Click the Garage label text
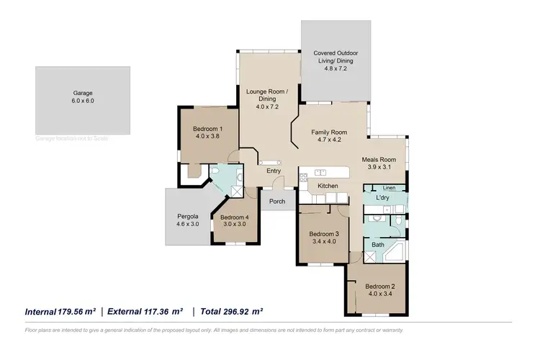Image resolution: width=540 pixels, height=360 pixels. pyautogui.click(x=83, y=93)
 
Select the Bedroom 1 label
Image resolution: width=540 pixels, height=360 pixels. pyautogui.click(x=207, y=129)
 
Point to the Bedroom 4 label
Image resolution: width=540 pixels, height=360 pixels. pyautogui.click(x=234, y=217)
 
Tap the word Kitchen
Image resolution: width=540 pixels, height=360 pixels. pyautogui.click(x=328, y=186)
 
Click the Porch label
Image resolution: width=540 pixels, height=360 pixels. pyautogui.click(x=277, y=202)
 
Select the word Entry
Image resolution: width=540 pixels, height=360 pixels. pyautogui.click(x=274, y=171)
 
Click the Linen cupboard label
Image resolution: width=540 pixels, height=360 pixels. pyautogui.click(x=389, y=187)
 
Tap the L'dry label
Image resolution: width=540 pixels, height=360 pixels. pyautogui.click(x=383, y=197)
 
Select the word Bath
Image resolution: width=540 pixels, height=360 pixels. pyautogui.click(x=378, y=245)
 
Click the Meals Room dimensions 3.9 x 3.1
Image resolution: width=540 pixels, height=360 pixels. pyautogui.click(x=379, y=167)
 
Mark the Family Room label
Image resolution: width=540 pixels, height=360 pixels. pyautogui.click(x=329, y=132)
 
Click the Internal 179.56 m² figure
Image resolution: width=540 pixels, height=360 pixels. pyautogui.click(x=60, y=312)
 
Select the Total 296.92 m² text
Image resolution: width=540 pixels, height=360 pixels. pyautogui.click(x=233, y=312)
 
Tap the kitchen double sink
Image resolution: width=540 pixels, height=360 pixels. pyautogui.click(x=320, y=172)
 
